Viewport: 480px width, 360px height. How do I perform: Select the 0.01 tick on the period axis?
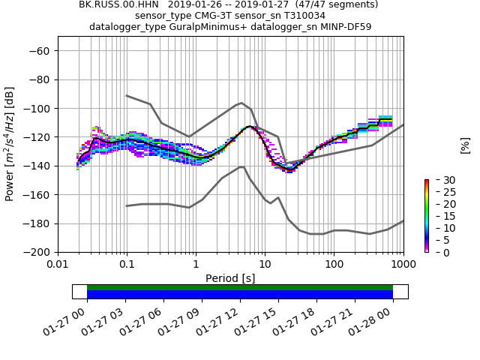tap(58, 265)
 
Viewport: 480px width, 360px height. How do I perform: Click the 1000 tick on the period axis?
tap(403, 265)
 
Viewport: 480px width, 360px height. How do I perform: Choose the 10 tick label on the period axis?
tap(265, 265)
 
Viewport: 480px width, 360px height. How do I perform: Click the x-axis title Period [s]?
tap(230, 277)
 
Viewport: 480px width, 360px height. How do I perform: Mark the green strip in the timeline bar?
tap(240, 287)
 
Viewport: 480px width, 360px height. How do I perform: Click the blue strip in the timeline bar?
tap(240, 295)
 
